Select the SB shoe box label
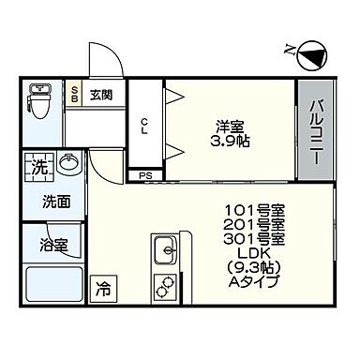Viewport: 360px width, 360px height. pyautogui.click(x=75, y=95)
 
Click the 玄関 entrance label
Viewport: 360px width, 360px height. pyautogui.click(x=101, y=95)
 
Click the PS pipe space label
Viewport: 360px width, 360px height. pyautogui.click(x=144, y=175)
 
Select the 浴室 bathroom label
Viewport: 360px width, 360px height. pyautogui.click(x=53, y=246)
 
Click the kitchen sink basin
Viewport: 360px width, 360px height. pyautogui.click(x=164, y=251)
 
